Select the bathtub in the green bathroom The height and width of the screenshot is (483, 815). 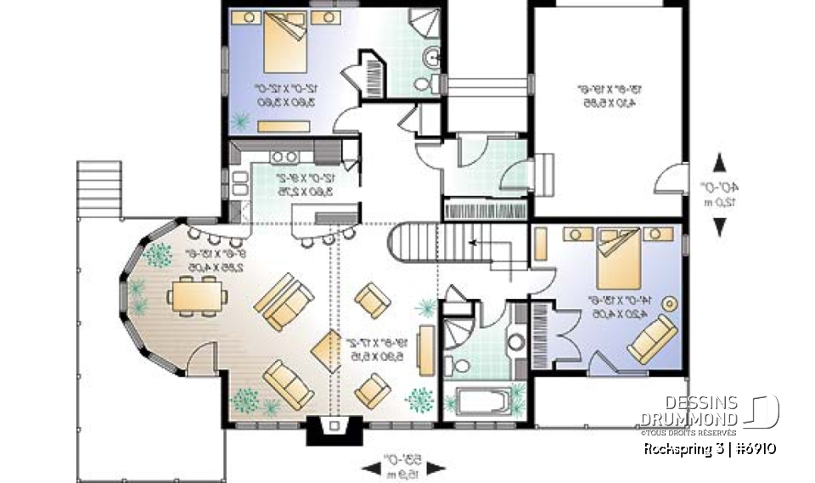pos(483,402)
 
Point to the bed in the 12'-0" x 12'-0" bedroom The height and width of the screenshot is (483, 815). pos(283,45)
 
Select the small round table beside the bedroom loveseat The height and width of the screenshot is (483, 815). pos(672,302)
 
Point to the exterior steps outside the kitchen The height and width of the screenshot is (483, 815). pos(96,180)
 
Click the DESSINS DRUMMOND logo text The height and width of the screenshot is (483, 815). pos(689,411)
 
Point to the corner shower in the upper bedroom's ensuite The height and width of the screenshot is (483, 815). pos(420,25)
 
